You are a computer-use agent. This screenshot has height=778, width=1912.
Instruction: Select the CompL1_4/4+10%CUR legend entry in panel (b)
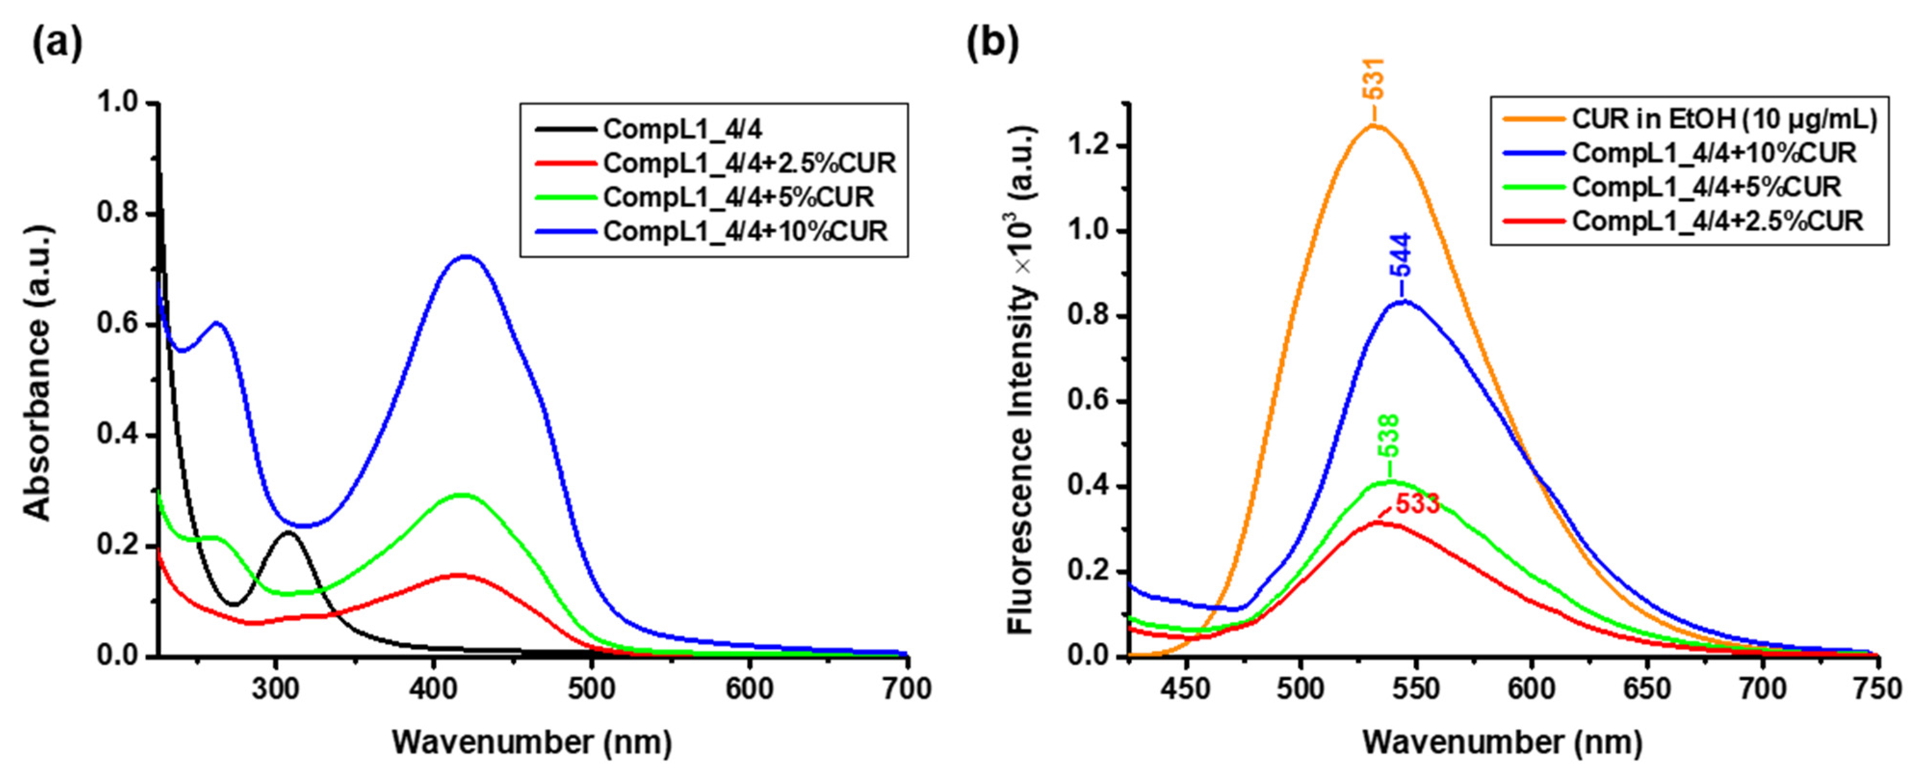pyautogui.click(x=1714, y=153)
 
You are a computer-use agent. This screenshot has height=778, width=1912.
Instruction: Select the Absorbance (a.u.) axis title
pyautogui.click(x=37, y=379)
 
